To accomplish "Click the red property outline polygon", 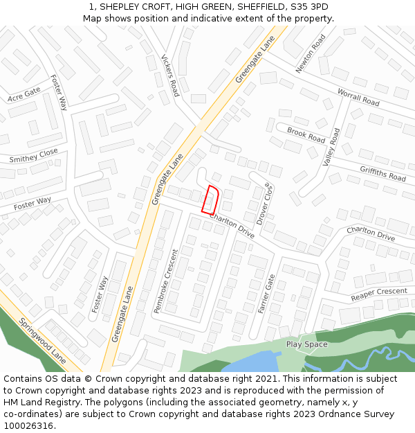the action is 211,200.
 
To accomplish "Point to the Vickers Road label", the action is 170,76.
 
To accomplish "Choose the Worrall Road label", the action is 358,98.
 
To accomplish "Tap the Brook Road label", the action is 306,134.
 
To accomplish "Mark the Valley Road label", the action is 331,147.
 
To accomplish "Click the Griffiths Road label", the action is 382,173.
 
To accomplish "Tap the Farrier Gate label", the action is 267,293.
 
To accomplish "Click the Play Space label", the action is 306,344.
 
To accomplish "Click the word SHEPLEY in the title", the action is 124,7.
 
